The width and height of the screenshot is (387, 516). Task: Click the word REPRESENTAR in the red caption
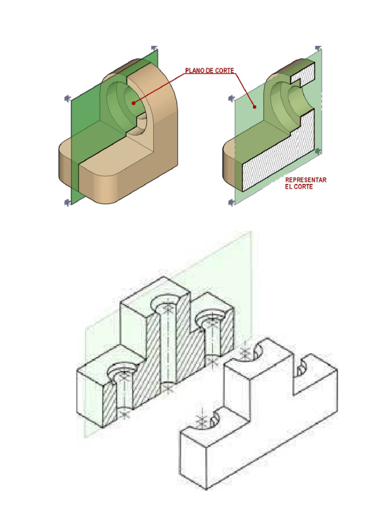306,180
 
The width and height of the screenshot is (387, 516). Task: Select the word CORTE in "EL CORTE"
304,187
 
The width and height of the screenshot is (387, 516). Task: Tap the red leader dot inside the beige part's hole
134,103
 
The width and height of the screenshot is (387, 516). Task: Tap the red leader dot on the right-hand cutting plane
254,106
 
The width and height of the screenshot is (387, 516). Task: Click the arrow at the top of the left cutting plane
154,48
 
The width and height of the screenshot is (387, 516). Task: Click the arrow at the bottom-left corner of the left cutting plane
68,203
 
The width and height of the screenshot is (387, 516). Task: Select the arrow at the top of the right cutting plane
318,48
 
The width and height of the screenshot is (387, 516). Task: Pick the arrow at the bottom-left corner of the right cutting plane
232,203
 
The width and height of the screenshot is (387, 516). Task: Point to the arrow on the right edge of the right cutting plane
317,151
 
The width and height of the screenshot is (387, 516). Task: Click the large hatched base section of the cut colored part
277,166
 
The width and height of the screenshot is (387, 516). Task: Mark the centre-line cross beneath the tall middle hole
167,387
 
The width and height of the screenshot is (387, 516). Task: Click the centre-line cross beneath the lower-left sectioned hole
123,414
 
